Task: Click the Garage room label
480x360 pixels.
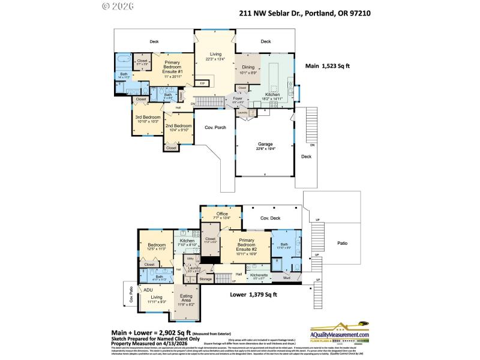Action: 265,145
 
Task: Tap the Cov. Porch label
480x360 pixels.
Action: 215,127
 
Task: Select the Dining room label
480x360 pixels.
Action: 248,68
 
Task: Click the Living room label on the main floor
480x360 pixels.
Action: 215,54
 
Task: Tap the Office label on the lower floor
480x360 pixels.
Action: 222,214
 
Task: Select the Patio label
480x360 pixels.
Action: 341,243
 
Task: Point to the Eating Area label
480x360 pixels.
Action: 186,299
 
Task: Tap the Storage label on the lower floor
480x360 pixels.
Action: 206,279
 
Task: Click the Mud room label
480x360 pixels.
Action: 287,278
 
